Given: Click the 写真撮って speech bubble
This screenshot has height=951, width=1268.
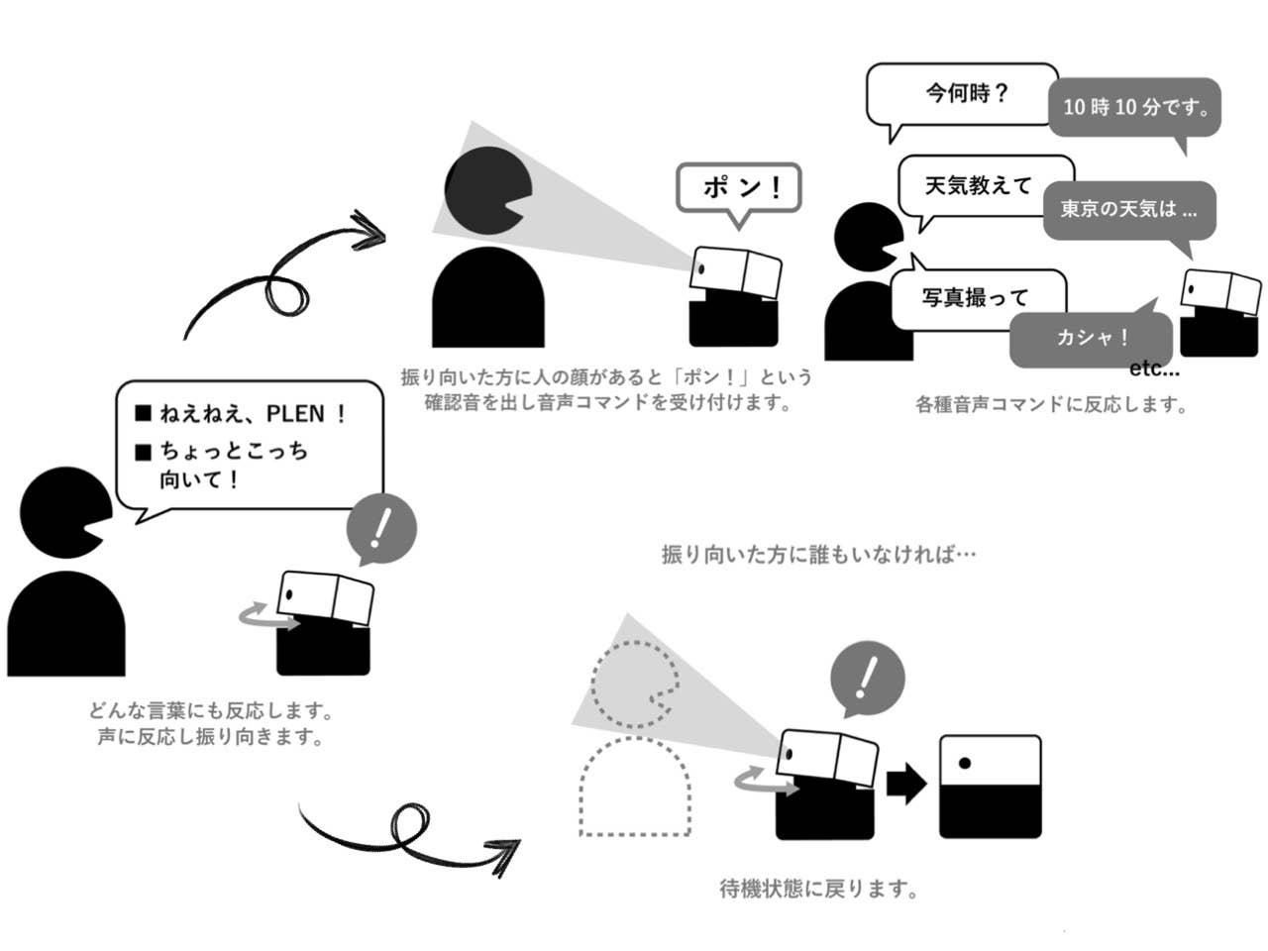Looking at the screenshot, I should point(976,297).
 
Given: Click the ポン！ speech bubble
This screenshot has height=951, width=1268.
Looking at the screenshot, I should point(738,187).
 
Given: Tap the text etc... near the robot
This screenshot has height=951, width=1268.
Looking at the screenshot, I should point(1154,370).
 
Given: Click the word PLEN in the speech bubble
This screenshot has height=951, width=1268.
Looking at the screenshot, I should point(297,414).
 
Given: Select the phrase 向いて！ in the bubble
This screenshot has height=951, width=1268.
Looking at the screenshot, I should point(199,481).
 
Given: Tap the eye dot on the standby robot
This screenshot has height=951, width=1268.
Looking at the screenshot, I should point(964,763).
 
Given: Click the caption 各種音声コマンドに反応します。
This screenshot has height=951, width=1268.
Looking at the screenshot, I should point(1051,404).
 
